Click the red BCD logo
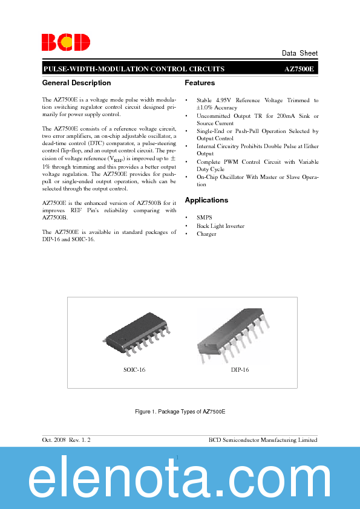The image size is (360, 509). point(66,42)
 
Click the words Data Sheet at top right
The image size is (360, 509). point(299,53)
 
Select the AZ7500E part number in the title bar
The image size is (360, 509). point(299,70)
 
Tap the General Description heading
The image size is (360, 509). point(77,83)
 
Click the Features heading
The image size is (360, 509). point(200,83)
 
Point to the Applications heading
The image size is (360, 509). point(206,200)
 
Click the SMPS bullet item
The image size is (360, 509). point(204,217)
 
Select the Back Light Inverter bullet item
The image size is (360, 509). point(220,225)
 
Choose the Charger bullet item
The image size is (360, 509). point(206,234)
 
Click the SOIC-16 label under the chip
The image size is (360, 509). point(134,369)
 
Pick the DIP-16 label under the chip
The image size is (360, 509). point(239,369)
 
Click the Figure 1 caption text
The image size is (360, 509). point(180,411)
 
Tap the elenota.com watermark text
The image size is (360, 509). point(180,481)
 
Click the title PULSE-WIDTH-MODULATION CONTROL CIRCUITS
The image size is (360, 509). point(134,70)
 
